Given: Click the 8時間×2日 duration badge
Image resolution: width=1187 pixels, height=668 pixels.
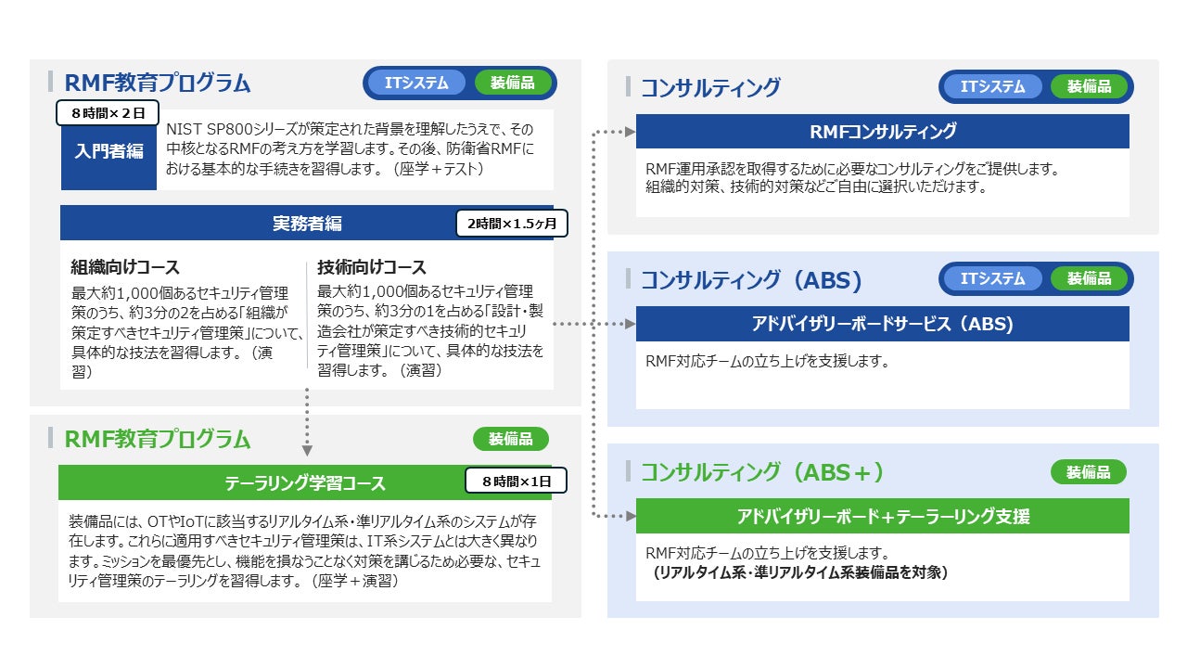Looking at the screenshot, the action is pyautogui.click(x=108, y=113).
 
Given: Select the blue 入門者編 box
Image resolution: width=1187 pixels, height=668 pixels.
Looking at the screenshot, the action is pyautogui.click(x=108, y=151).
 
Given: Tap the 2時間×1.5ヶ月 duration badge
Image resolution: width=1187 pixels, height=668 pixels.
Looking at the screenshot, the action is pyautogui.click(x=512, y=224).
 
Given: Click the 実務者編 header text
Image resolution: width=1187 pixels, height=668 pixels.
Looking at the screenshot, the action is pyautogui.click(x=307, y=224).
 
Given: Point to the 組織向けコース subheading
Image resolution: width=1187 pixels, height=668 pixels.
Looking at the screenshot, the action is pyautogui.click(x=125, y=266).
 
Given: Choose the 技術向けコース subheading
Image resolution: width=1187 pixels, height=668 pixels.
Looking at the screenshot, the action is pyautogui.click(x=372, y=266).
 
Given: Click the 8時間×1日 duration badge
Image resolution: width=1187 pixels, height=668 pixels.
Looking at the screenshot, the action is pyautogui.click(x=517, y=481).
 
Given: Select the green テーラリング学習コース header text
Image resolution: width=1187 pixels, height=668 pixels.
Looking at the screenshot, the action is pyautogui.click(x=305, y=483).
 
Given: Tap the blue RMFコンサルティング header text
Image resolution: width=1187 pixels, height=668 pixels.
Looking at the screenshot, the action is pyautogui.click(x=883, y=132).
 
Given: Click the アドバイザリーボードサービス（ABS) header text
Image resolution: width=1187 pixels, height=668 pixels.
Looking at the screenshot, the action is pyautogui.click(x=883, y=324).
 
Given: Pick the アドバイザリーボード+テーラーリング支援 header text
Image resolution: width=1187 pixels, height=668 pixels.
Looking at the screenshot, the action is pyautogui.click(x=883, y=516).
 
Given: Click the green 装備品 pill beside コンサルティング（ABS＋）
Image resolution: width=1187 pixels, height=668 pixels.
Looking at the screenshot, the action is pyautogui.click(x=1089, y=472).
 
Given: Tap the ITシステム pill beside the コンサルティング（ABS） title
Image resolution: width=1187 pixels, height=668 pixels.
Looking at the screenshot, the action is pyautogui.click(x=992, y=279).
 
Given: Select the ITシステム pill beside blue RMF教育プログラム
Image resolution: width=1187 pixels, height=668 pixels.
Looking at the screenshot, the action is pyautogui.click(x=416, y=83).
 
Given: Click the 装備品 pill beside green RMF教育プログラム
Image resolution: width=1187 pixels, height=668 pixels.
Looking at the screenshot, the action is pyautogui.click(x=510, y=439).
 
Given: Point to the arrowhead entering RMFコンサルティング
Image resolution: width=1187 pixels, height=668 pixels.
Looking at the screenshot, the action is pyautogui.click(x=630, y=132).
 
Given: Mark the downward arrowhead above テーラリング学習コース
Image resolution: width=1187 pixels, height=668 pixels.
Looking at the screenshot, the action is pyautogui.click(x=307, y=450).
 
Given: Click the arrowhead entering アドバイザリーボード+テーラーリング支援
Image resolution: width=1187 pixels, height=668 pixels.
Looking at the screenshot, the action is pyautogui.click(x=630, y=516).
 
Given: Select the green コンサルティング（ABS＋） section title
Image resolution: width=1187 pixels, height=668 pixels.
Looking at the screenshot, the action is pyautogui.click(x=762, y=472).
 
